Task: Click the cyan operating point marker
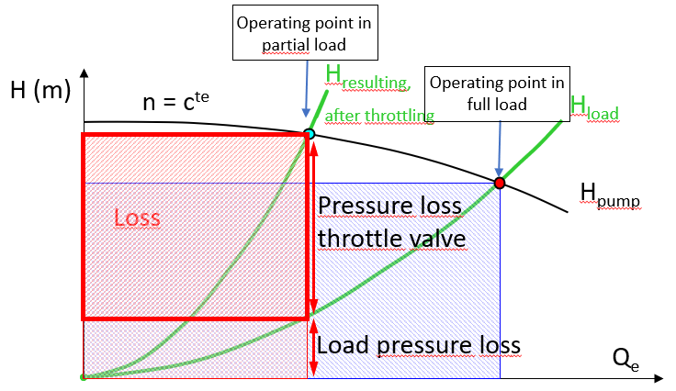[310, 134]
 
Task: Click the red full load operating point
[500, 184]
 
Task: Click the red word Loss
[137, 218]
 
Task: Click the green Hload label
[594, 107]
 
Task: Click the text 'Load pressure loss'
[419, 346]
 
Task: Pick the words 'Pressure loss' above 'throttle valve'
[389, 206]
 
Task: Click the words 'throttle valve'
[392, 240]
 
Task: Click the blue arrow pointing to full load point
[497, 147]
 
